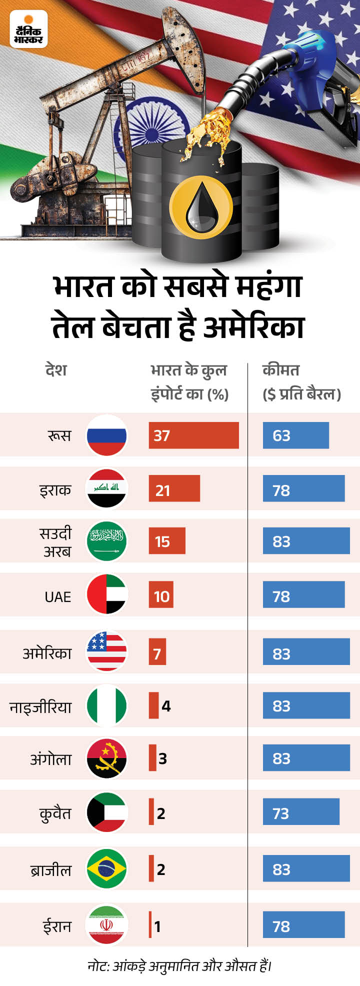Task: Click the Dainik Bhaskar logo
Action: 28,29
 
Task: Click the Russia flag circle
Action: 106,435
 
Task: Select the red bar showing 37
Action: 193,435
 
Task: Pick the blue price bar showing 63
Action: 295,435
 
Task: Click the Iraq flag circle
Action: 106,488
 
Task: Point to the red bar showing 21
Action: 174,488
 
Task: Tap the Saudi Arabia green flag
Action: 106,541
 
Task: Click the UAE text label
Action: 58,596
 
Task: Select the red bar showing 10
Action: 161,594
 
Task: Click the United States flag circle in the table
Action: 106,651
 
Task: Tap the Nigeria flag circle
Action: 106,705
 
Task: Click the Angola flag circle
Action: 106,758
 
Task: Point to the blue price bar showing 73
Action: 301,811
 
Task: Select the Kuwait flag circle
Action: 106,812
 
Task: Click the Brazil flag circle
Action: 106,868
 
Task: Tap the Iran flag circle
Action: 106,924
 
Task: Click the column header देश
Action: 55,370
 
